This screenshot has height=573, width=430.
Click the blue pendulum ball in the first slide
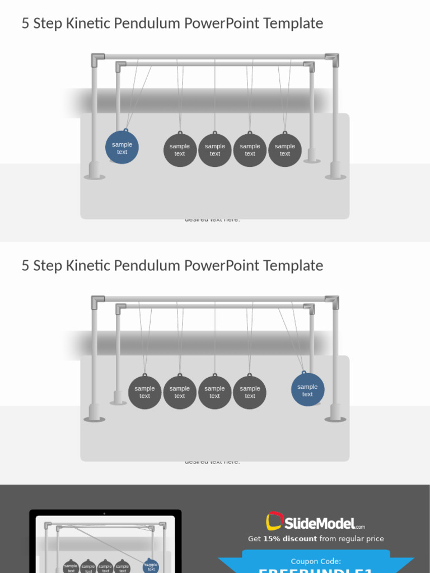(122, 148)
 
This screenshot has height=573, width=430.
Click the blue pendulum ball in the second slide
(307, 390)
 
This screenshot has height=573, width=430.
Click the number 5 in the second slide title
(25, 266)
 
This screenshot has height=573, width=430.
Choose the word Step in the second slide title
(48, 266)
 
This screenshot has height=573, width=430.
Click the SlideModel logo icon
(274, 521)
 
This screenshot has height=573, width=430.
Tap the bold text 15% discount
(290, 539)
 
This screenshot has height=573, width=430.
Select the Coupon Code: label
(316, 561)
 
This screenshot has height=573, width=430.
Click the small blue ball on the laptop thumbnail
(151, 566)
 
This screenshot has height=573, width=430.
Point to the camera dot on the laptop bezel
(104, 513)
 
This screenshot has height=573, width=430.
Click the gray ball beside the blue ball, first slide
(180, 150)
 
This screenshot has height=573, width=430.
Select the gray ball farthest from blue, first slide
(285, 150)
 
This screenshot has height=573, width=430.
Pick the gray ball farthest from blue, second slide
(144, 392)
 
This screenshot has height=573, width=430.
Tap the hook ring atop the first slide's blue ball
(126, 130)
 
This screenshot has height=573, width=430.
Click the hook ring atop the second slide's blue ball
(304, 372)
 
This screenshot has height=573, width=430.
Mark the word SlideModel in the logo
(319, 524)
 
